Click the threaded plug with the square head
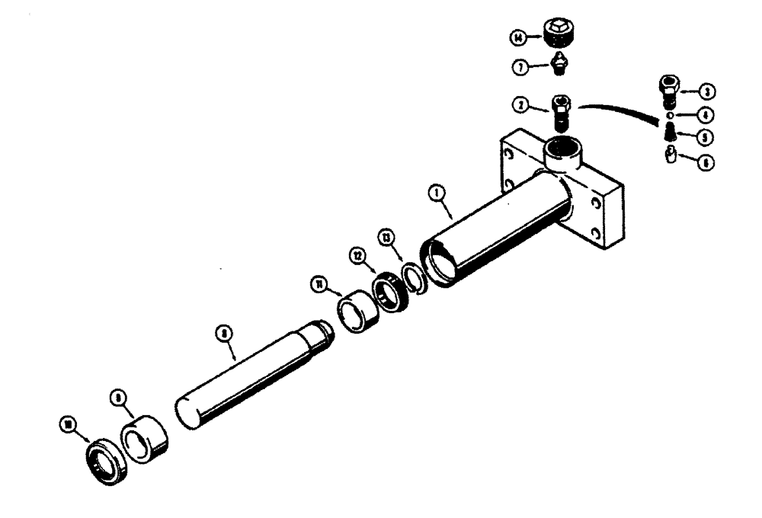[x=558, y=34]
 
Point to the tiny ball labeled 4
[x=668, y=115]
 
